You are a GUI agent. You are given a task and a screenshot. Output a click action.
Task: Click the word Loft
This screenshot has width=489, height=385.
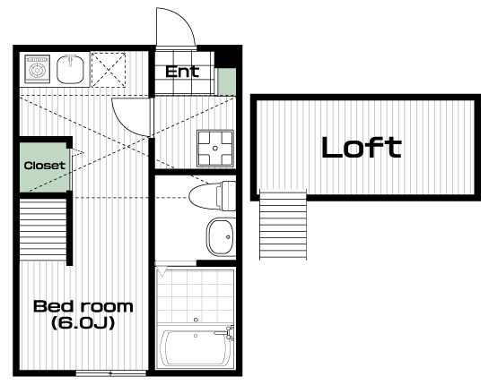[x=361, y=147]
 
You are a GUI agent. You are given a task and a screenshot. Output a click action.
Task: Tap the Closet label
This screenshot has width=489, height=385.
[x=45, y=166]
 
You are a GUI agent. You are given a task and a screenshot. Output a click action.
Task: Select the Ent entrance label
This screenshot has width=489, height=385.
[x=182, y=72]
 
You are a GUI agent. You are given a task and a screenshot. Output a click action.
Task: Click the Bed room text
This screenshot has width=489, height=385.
[x=83, y=306]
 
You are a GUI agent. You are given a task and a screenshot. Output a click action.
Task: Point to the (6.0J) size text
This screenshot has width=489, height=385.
[x=83, y=322]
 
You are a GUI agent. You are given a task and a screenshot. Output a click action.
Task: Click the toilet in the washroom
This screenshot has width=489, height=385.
[x=213, y=196]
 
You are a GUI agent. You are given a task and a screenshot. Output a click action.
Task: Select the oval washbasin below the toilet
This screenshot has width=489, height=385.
[x=220, y=237]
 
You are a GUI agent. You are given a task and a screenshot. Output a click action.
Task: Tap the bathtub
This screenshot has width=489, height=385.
[x=195, y=347]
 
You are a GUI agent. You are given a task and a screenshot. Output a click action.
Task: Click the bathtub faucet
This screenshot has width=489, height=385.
[x=225, y=332]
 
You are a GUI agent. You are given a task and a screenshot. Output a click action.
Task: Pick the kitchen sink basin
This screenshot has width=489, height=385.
[x=71, y=70]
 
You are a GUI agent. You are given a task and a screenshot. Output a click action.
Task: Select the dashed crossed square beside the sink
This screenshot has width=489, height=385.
[x=109, y=70]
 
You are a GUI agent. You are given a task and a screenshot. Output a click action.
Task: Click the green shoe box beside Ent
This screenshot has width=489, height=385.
[x=226, y=81]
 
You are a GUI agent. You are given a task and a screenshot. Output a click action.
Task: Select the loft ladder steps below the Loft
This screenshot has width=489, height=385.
[x=283, y=225]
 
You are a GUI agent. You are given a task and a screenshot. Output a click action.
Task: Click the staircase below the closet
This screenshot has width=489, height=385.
[x=43, y=230]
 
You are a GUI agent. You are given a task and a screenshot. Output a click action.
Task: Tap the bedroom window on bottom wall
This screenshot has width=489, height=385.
[x=111, y=372]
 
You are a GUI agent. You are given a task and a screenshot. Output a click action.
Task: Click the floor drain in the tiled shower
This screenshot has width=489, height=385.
[x=196, y=320]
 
